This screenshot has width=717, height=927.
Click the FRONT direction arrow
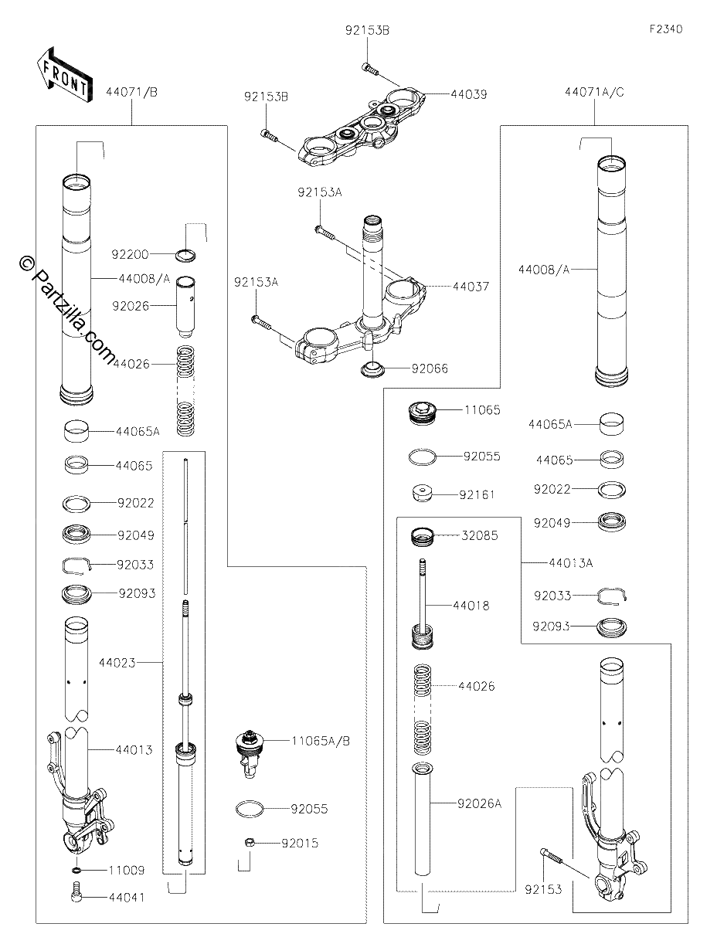point(63,75)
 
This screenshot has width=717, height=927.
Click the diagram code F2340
point(666,29)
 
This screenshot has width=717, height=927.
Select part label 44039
point(469,95)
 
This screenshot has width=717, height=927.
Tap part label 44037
point(471,287)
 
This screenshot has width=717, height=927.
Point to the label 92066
point(430,369)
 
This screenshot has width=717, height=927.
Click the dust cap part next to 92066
point(372,369)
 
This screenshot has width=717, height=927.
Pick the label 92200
point(130,255)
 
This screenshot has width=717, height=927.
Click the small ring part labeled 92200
point(186,256)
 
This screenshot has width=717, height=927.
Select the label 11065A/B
point(321,741)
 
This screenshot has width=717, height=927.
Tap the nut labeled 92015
point(250,842)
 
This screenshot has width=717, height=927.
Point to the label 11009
point(127,871)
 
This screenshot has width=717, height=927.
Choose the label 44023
point(117,663)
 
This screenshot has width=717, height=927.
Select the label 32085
point(480,536)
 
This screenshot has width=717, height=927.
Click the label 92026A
point(480,804)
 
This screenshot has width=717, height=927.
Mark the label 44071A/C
point(594,93)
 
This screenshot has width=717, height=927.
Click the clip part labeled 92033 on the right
point(612,596)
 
